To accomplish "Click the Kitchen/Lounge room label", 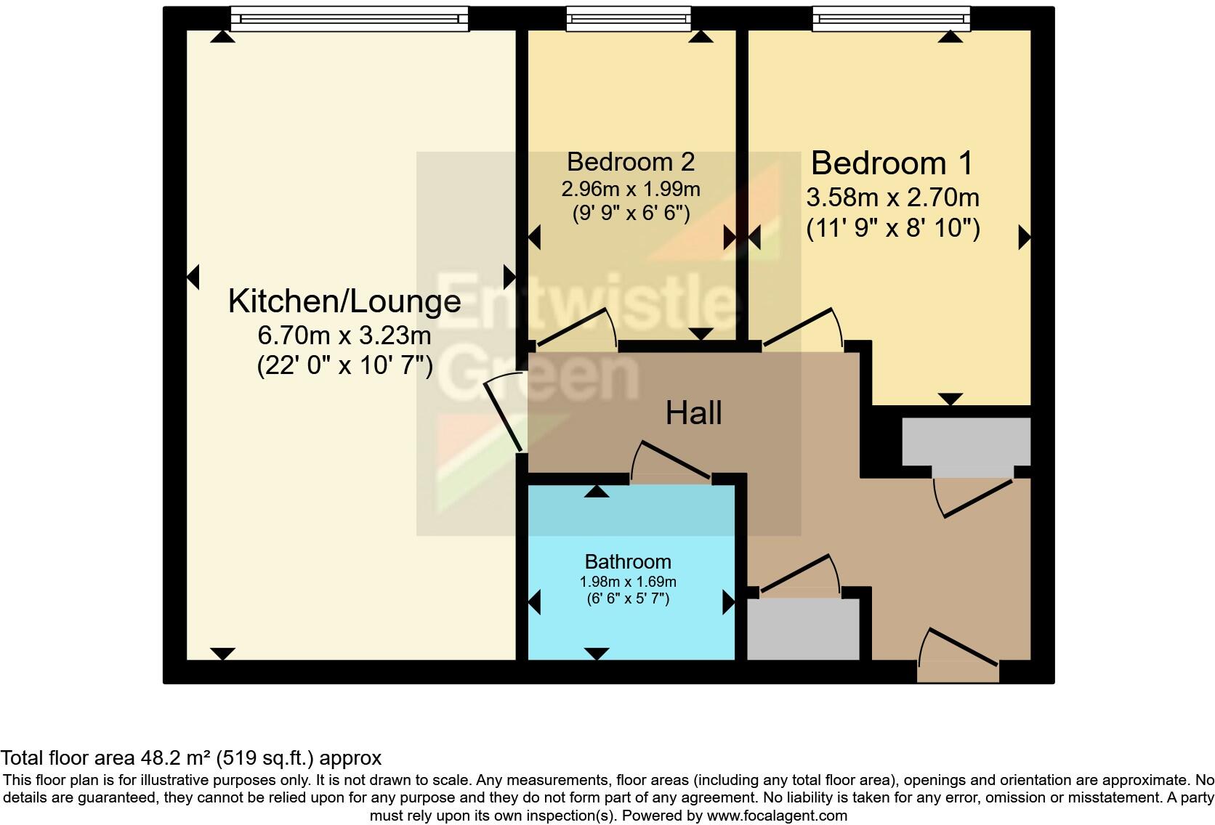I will coord(344,301).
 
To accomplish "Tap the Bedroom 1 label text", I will coord(892,163).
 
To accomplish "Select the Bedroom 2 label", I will coord(631,161).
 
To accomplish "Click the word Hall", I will coord(693,413).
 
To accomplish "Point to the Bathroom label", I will coord(628,561).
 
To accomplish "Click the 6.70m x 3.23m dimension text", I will coord(344,336).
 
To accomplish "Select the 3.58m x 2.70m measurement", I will coord(892,198).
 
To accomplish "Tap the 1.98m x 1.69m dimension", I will coord(628,582).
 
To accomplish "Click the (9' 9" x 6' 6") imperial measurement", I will coord(631,214).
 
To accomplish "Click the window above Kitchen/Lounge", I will coord(350,18).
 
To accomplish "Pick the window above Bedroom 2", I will coord(629,18).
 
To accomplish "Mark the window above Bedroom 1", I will coord(891,18).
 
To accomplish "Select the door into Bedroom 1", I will coord(804,329).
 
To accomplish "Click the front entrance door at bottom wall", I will coord(958,654).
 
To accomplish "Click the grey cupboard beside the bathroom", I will coord(803,629).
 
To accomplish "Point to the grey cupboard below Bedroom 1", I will coord(966,442).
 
